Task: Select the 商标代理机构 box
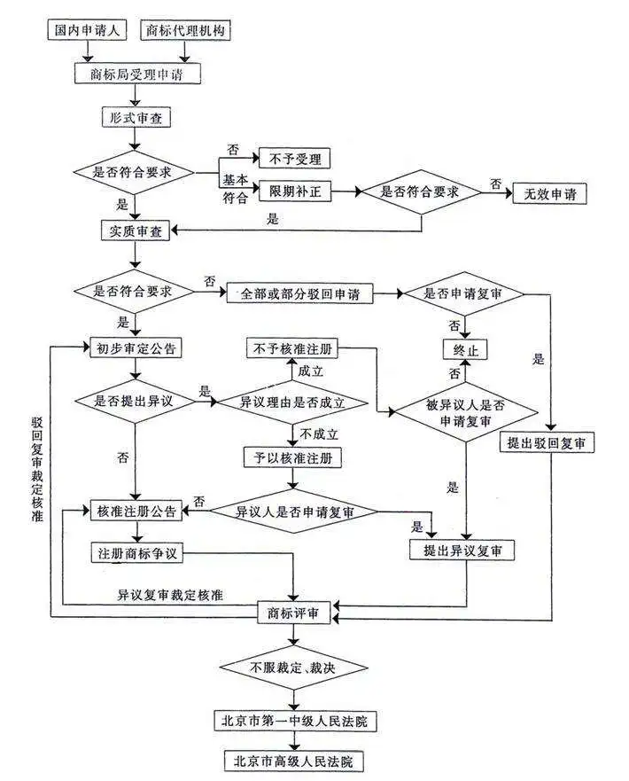pos(185,31)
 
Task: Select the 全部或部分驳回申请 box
pos(300,293)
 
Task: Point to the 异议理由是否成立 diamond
pos(292,402)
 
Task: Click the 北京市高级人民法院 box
pos(294,761)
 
